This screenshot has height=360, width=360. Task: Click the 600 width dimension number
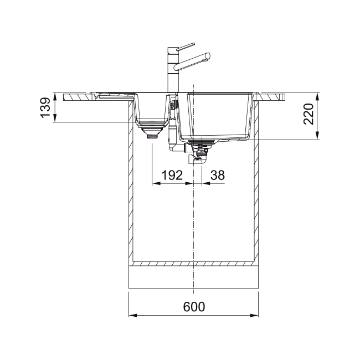pos(194,307)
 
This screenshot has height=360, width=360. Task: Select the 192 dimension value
pos(172,175)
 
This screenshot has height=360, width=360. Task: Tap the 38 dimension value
pos(218,175)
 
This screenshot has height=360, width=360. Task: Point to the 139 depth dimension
pos(45,107)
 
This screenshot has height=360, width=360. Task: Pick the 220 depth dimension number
pos(308,114)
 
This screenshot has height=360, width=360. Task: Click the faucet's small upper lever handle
pos(186,47)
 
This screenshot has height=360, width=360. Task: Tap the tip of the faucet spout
pos(208,56)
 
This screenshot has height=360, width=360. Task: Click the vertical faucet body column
pos(173,70)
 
